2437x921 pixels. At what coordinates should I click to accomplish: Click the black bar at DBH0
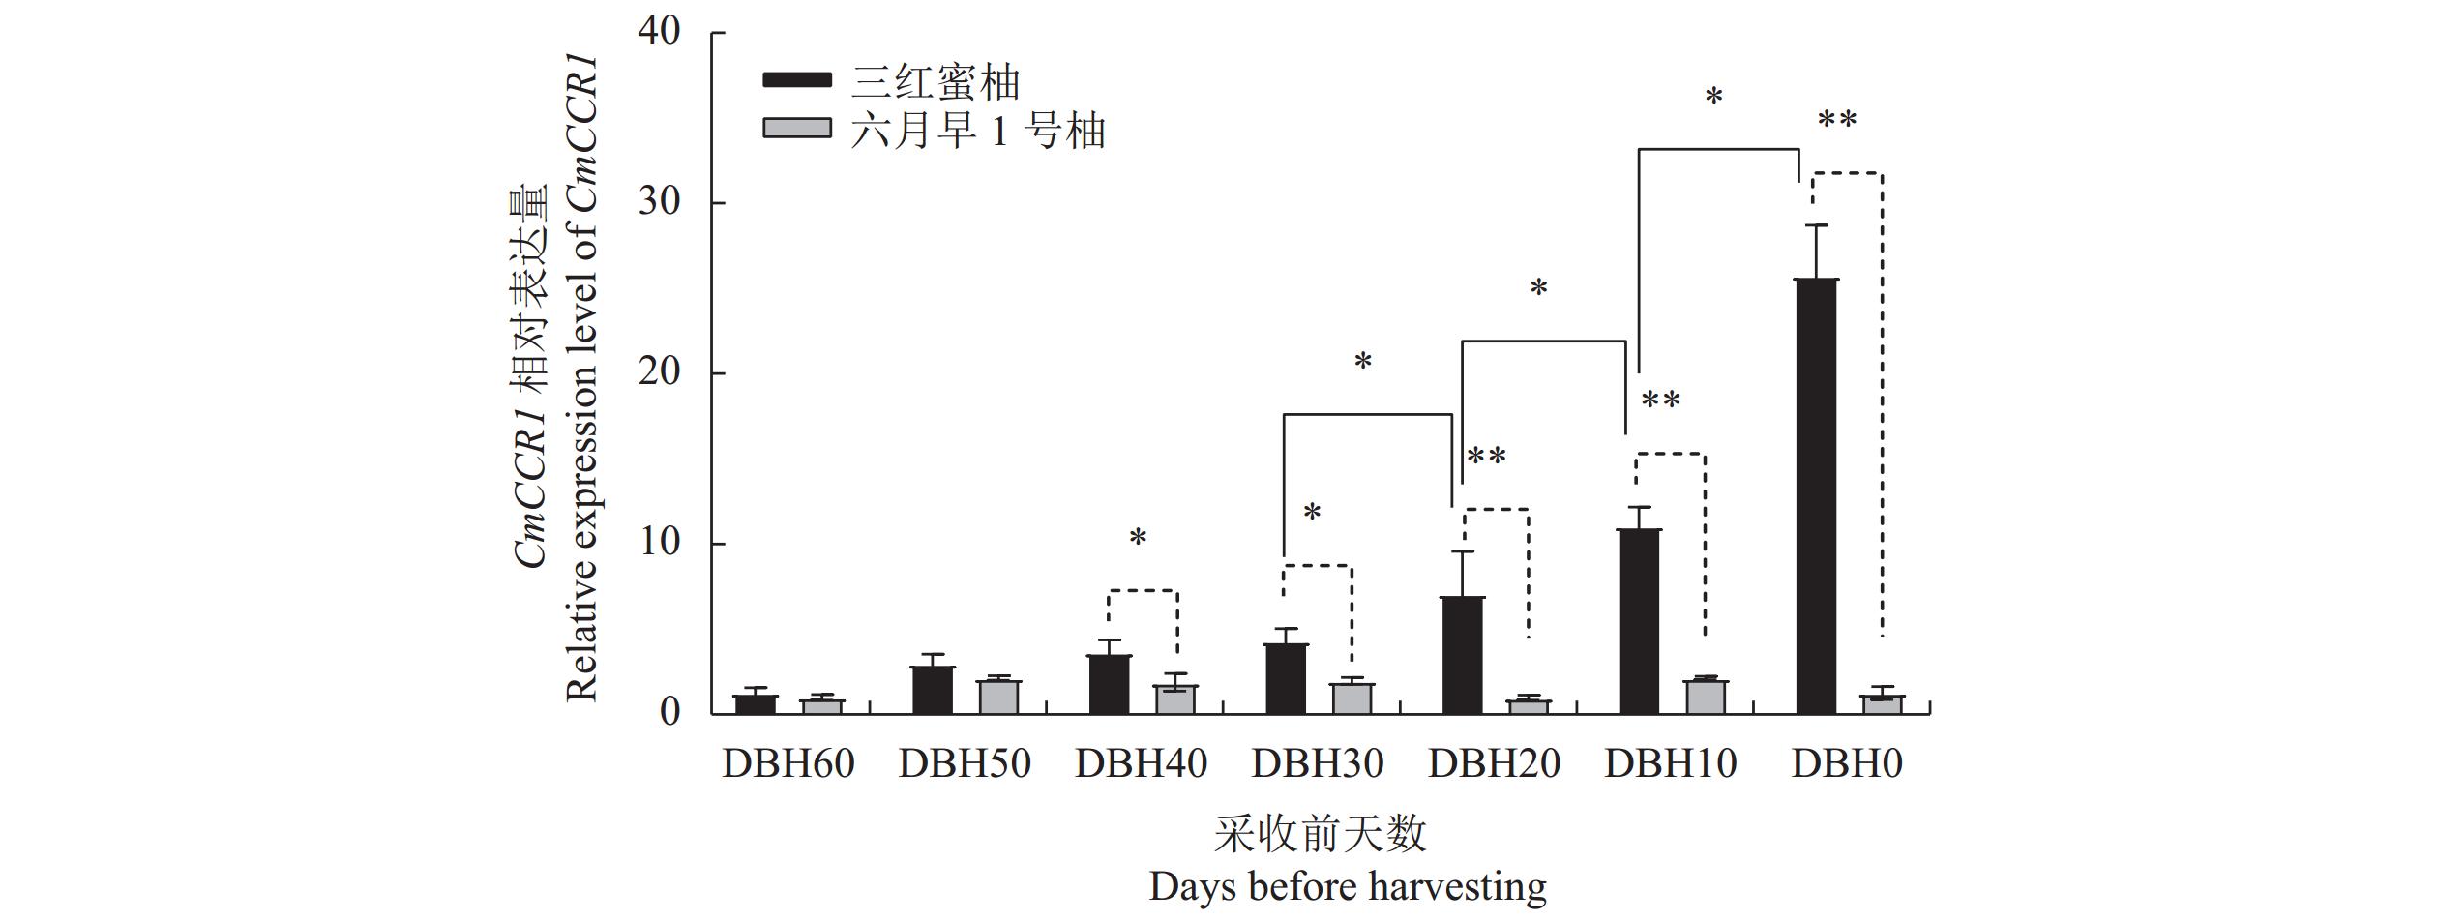tap(1816, 496)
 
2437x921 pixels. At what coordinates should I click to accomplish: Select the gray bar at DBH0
tap(1882, 704)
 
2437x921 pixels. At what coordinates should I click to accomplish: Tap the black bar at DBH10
tap(1639, 621)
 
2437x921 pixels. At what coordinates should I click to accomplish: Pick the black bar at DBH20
tap(1462, 655)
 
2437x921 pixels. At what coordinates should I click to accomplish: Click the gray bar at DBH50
tap(999, 697)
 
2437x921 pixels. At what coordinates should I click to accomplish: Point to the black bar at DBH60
tap(756, 704)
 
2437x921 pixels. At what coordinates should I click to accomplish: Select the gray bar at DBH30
tap(1352, 698)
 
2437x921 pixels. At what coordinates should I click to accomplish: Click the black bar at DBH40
tap(1109, 684)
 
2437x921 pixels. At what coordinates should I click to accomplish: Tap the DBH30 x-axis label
tap(1318, 764)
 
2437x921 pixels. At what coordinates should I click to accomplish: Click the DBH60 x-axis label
tap(788, 764)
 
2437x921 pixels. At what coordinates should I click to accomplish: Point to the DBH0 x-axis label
tap(1847, 764)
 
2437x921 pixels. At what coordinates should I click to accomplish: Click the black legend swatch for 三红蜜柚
tap(796, 79)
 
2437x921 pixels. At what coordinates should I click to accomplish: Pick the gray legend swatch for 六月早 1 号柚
tap(796, 128)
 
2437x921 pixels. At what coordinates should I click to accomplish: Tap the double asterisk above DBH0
tap(1836, 122)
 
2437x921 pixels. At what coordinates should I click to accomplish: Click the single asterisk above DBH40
tap(1138, 538)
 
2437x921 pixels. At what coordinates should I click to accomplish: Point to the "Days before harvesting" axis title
tap(1348, 886)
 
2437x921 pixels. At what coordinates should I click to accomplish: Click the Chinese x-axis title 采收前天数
tap(1321, 834)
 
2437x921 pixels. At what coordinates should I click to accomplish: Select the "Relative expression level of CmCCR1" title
tap(581, 377)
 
